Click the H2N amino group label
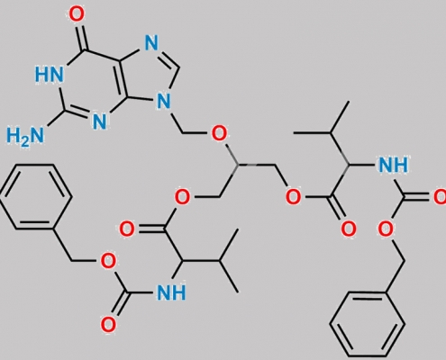pyautogui.click(x=25, y=136)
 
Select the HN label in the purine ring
pyautogui.click(x=50, y=74)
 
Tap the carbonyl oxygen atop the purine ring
pyautogui.click(x=77, y=14)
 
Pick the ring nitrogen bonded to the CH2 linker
pyautogui.click(x=163, y=101)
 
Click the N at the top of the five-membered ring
pyautogui.click(x=151, y=43)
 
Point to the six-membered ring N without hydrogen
pyautogui.click(x=100, y=121)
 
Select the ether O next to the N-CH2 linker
pyautogui.click(x=219, y=134)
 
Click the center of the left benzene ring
pyautogui.click(x=35, y=197)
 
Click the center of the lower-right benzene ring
pyautogui.click(x=367, y=325)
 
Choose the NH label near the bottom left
pyautogui.click(x=171, y=292)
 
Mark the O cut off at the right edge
pyautogui.click(x=440, y=197)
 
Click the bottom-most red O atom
pyautogui.click(x=108, y=325)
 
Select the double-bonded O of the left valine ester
pyautogui.click(x=127, y=229)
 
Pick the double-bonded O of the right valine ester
pyautogui.click(x=349, y=229)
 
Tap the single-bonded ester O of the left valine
pyautogui.click(x=182, y=197)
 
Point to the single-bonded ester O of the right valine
pyautogui.click(x=293, y=197)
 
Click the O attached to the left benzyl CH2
pyautogui.click(x=107, y=261)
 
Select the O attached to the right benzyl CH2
pyautogui.click(x=386, y=229)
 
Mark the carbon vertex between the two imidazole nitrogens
pyautogui.click(x=179, y=67)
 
